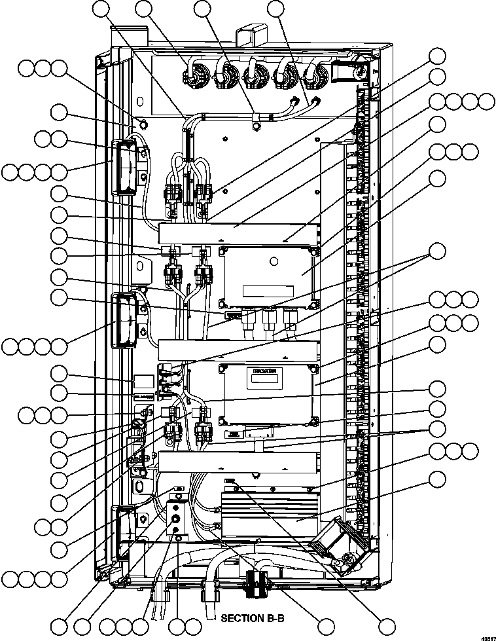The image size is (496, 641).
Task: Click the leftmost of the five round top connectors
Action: pos(194,74)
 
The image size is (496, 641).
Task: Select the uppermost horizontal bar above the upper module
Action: pos(239,232)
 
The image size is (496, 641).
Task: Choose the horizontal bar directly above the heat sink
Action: pos(239,464)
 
